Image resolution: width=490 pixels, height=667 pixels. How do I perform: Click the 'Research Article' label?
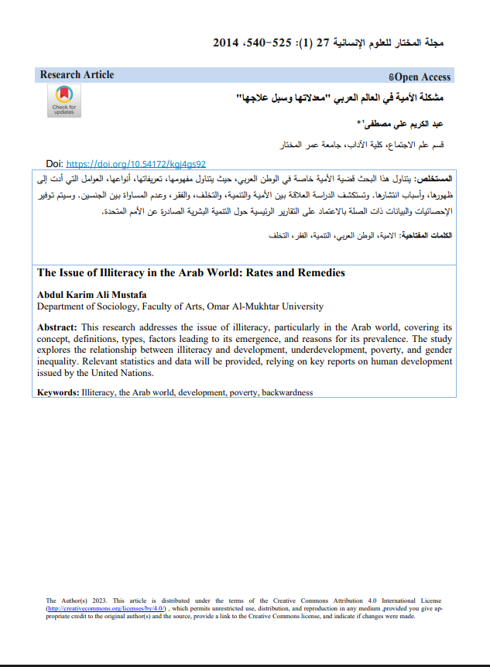coord(77,75)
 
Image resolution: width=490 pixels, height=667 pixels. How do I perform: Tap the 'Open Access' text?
coord(421,77)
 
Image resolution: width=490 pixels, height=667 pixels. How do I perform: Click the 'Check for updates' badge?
coord(63,101)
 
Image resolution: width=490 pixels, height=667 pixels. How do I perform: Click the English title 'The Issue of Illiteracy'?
coord(190,273)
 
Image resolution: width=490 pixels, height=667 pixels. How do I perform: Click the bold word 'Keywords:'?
coord(58,392)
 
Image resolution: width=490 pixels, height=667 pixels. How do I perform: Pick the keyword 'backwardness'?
coord(287,392)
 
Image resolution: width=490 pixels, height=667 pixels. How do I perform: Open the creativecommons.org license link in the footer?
coord(106,609)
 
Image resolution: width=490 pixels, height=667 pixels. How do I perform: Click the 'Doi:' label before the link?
coord(54,164)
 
